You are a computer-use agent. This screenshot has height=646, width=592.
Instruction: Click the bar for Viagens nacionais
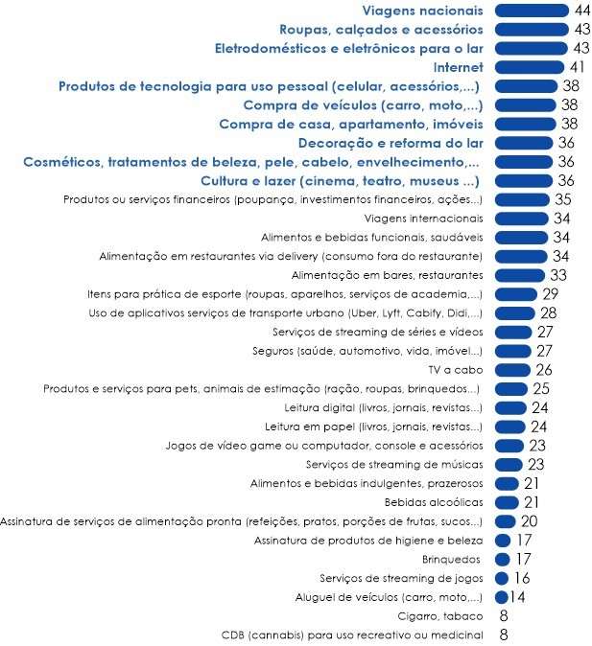tap(532, 11)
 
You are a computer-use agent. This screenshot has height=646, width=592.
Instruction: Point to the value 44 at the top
tap(580, 11)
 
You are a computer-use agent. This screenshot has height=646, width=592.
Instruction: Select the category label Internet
tap(459, 67)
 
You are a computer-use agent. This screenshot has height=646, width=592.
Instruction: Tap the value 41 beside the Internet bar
tap(576, 67)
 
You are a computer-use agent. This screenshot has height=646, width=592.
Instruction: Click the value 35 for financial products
tap(563, 199)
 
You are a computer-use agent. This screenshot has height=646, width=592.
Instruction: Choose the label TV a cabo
tap(455, 370)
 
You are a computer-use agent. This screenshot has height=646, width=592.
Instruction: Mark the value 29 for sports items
tap(550, 293)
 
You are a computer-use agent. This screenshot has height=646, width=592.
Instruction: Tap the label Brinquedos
tap(451, 559)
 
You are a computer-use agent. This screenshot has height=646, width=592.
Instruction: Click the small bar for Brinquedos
tap(502, 559)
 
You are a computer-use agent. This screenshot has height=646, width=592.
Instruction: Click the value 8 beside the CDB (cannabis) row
tap(503, 634)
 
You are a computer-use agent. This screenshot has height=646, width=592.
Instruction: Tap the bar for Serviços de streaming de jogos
tap(501, 578)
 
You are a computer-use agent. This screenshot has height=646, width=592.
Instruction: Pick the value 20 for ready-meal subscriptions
tap(531, 521)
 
